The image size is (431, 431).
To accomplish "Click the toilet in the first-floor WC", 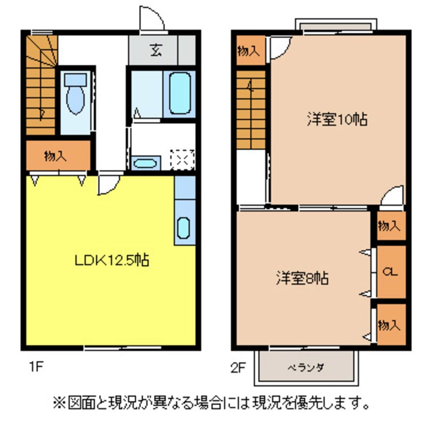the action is [75, 93].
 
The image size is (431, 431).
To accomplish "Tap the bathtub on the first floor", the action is [180, 93].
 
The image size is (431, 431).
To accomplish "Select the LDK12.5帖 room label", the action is [112, 260].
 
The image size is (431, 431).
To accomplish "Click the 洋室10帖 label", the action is [337, 119].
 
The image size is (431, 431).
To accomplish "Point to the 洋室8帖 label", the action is [302, 278].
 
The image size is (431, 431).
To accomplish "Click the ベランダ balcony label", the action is [306, 367].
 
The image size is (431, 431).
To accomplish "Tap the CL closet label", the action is [390, 272].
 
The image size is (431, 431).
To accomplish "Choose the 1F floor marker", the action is [36, 367].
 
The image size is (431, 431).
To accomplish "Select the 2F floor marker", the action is [238, 367].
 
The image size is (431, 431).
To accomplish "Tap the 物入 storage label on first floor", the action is [56, 156].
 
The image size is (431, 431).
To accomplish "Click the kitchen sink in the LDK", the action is [183, 228].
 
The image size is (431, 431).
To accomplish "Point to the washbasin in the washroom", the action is [145, 164].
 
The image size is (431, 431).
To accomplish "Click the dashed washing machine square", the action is [182, 160].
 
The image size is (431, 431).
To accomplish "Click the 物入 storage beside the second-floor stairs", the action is [249, 51].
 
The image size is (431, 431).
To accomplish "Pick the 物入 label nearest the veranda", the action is [389, 325].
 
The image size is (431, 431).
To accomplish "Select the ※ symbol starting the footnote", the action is [59, 403].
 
